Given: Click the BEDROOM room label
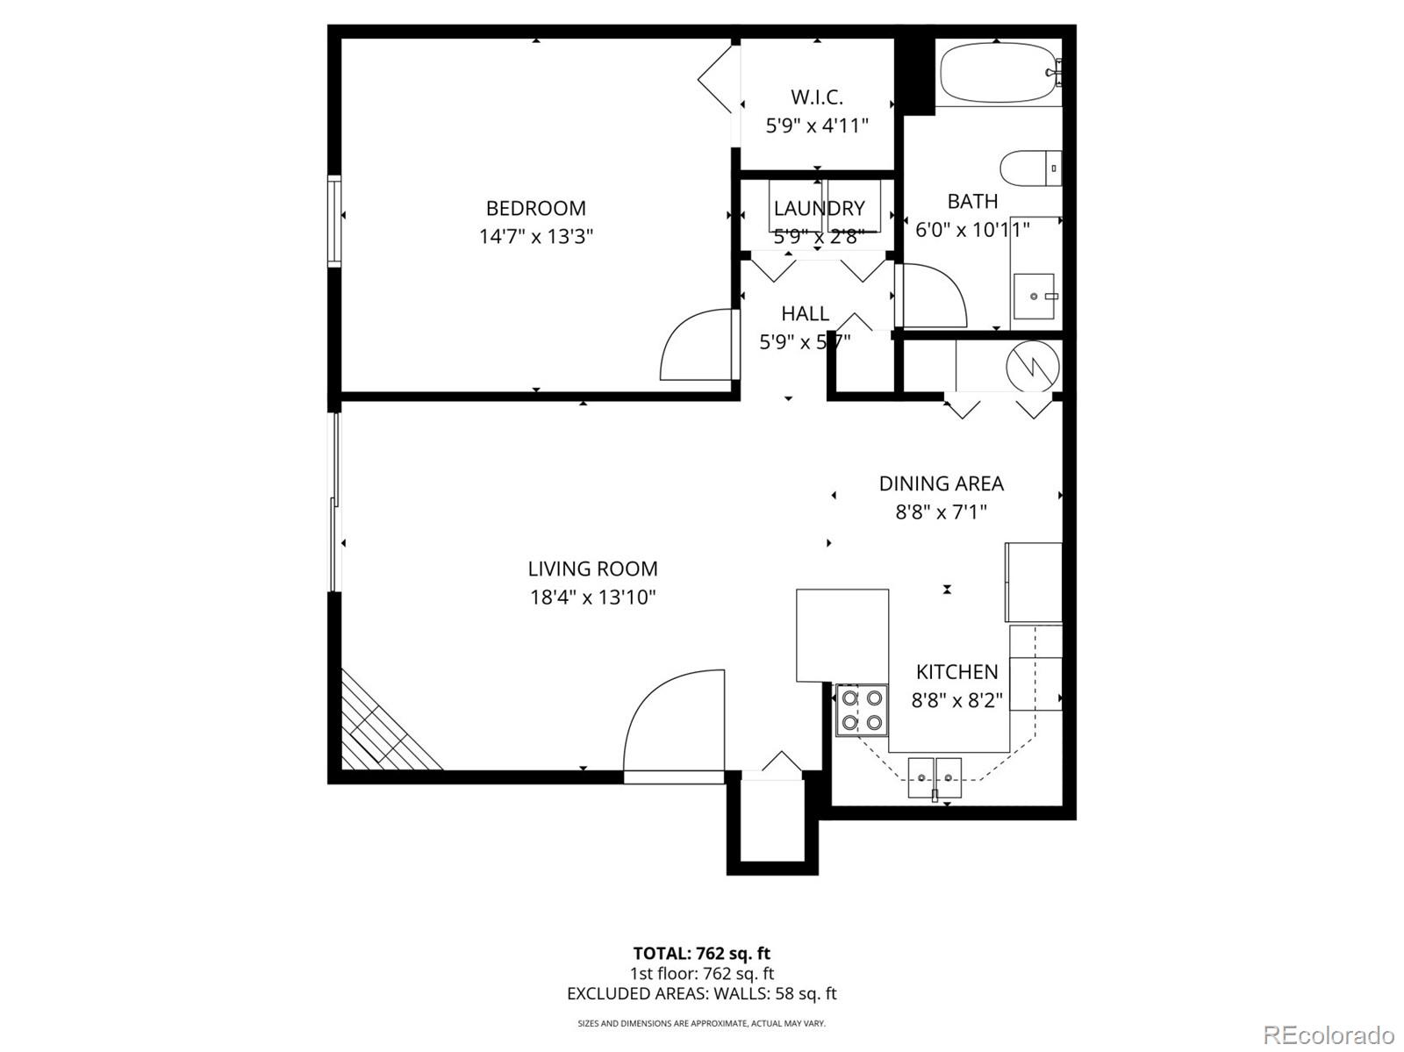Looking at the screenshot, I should coord(535,208).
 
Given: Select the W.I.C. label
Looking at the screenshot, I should coord(816,97).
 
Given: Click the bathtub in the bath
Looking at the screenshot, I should coord(997,74).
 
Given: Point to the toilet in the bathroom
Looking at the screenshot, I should coord(1028,168).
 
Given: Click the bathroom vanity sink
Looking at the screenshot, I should coord(1034,297).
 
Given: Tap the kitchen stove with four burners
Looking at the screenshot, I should coord(862,711).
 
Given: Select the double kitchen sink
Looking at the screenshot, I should coord(935,776).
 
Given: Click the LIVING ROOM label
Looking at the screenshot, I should coord(592,569).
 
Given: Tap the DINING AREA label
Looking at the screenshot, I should coord(941,483).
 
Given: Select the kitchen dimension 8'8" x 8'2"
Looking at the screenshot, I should coord(956,700).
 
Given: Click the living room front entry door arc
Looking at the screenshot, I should coord(671,719).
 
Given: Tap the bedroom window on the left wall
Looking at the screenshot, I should coord(334,220).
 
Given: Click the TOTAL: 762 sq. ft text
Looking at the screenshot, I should coord(701,953).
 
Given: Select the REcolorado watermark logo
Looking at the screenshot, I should coord(1327,1034).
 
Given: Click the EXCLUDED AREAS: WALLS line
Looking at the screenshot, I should coord(701,994).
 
